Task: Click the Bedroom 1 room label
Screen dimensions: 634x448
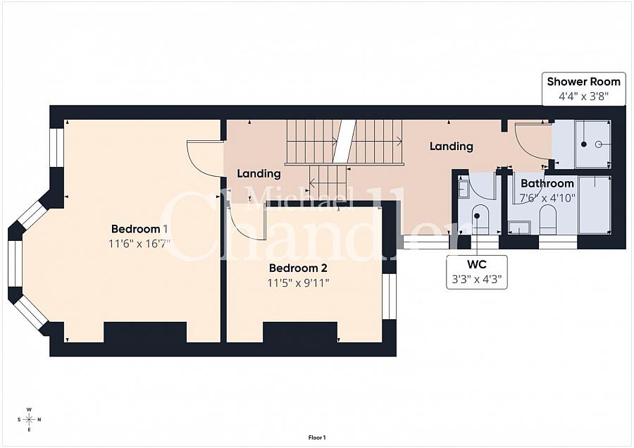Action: (139, 229)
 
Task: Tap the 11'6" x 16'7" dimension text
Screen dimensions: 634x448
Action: (139, 244)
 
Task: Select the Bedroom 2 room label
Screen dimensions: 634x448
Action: (298, 268)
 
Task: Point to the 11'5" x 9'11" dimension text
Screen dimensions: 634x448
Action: (298, 282)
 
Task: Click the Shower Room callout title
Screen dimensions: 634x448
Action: (583, 82)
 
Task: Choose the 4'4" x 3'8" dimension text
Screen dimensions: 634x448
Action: (583, 97)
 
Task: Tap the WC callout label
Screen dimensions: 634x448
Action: (477, 264)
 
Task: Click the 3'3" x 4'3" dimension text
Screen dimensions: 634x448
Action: (477, 280)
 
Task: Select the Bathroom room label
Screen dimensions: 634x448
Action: (547, 184)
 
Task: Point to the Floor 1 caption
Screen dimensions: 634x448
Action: (317, 437)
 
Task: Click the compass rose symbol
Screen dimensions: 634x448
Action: (29, 419)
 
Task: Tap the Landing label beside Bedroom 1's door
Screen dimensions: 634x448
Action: (259, 173)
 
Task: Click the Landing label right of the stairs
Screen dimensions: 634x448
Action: (452, 146)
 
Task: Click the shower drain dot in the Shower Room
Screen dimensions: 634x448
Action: (583, 144)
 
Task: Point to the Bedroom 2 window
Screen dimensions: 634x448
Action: (389, 297)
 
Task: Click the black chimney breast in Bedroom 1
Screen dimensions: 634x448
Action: (145, 332)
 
